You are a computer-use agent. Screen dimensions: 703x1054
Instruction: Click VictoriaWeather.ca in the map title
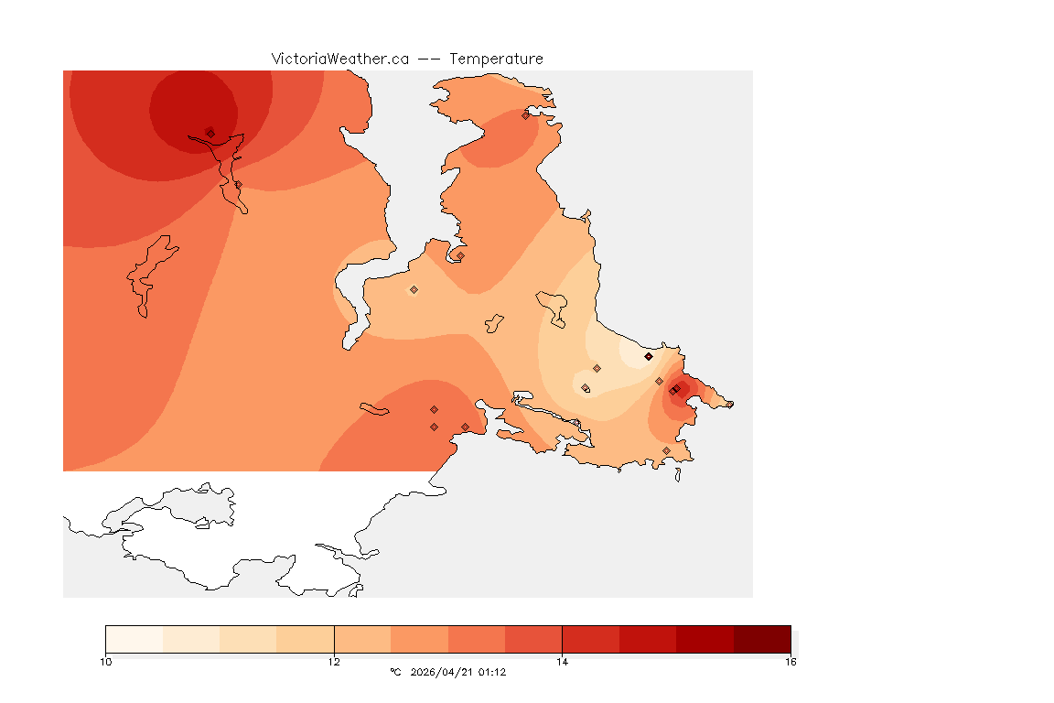[339, 59]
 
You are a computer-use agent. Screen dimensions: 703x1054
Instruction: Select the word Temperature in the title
[495, 59]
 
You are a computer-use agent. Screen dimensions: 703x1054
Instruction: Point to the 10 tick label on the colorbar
[106, 661]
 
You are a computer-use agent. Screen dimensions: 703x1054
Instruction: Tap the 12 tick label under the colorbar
[334, 661]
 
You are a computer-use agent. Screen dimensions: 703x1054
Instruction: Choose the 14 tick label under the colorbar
[562, 661]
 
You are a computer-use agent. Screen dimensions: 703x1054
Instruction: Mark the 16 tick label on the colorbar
[790, 661]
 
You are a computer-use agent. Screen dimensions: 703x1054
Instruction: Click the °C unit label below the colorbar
[395, 672]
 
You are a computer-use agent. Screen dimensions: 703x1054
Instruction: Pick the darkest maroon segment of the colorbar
[761, 639]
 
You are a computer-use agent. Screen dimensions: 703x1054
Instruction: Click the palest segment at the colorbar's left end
[134, 639]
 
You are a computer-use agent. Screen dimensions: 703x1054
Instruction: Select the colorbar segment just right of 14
[590, 639]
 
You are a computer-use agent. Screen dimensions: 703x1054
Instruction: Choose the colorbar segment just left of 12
[305, 639]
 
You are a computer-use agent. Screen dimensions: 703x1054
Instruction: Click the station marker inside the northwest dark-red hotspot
[210, 133]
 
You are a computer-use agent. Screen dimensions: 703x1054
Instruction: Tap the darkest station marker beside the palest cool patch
[648, 356]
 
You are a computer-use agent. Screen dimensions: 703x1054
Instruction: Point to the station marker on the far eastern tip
[729, 404]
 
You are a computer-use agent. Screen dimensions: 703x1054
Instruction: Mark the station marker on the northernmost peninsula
[525, 115]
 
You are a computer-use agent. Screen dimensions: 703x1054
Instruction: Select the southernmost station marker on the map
[666, 450]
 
